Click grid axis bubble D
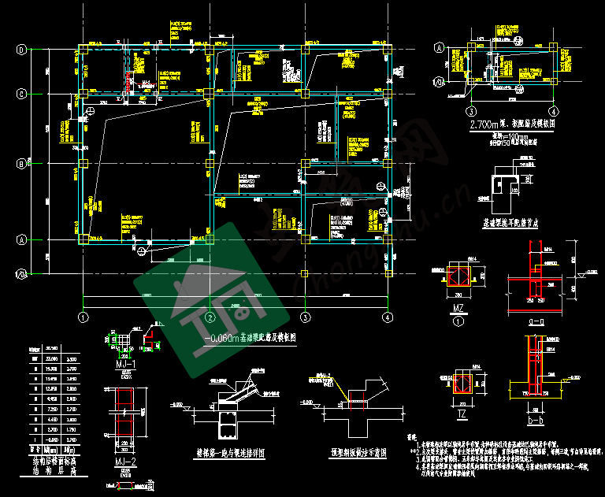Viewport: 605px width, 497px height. [x=21, y=50]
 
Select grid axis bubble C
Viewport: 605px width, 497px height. [x=21, y=93]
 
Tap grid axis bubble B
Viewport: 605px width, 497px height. [x=21, y=164]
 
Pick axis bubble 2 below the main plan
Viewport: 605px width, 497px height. [x=210, y=317]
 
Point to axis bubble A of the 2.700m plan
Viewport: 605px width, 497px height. [x=440, y=49]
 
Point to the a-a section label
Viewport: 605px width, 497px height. [x=536, y=322]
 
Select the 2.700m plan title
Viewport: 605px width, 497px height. [x=513, y=124]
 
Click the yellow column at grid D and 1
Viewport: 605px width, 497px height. [x=82, y=50]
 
